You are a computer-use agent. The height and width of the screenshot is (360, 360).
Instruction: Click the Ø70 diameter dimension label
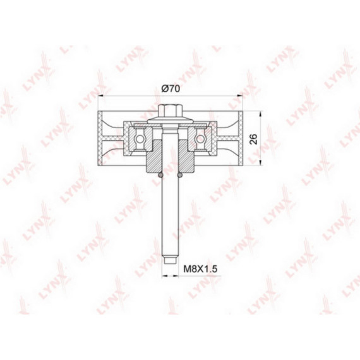(171, 88)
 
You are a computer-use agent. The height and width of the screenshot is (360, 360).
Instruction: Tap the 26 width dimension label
(254, 139)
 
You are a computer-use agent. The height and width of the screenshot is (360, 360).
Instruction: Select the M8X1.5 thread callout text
(200, 268)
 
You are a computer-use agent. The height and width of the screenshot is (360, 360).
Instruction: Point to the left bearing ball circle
(140, 139)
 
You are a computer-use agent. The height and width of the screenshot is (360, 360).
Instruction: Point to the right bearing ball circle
(200, 139)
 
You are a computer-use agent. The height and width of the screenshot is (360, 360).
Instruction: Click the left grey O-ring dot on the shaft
(160, 175)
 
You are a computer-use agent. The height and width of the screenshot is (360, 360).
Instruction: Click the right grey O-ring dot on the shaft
(180, 175)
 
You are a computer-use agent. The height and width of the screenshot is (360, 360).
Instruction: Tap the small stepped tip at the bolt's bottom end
(171, 261)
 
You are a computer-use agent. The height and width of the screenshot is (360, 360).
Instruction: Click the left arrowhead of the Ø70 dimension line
(100, 95)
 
